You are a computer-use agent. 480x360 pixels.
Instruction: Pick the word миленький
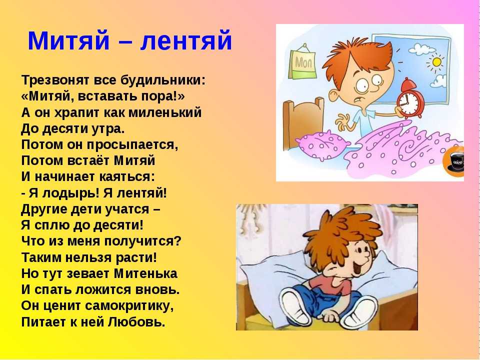tap(165, 112)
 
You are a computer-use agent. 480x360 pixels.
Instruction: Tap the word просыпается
tap(132, 145)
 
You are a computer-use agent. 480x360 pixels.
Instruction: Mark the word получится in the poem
tap(142, 241)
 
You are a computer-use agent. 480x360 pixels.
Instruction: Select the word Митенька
tap(145, 273)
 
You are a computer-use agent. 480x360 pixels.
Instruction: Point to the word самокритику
tap(129, 306)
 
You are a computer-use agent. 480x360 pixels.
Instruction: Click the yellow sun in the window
tap(436, 62)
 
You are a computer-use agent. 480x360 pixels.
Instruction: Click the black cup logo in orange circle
tap(454, 162)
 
